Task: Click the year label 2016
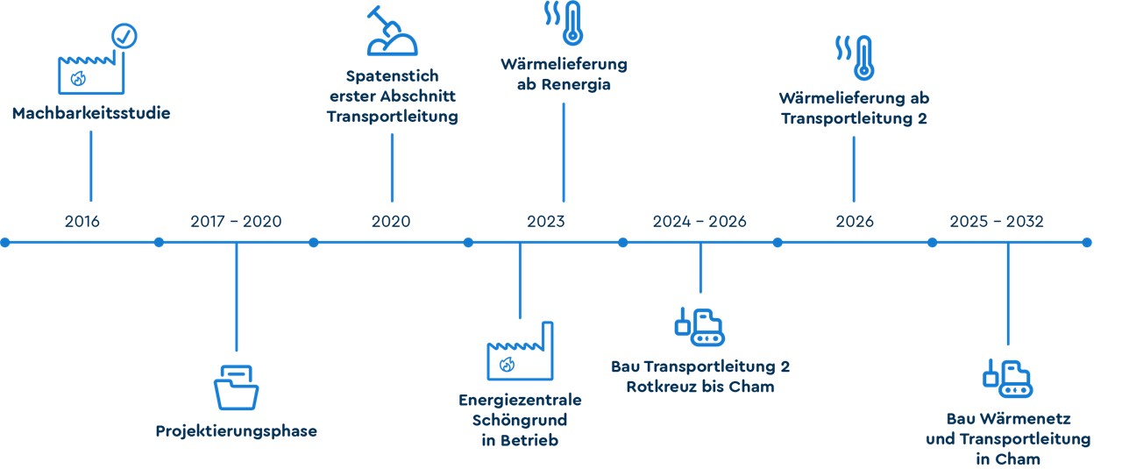tap(82, 221)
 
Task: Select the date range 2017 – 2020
tap(236, 221)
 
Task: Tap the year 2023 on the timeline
tap(545, 221)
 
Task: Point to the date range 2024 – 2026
tap(699, 221)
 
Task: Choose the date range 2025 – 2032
tap(997, 221)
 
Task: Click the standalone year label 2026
tap(854, 221)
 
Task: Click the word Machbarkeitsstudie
tap(91, 113)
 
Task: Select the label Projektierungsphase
tap(236, 430)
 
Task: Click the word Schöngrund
tap(520, 420)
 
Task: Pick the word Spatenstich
tap(392, 75)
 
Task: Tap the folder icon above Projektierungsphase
tap(236, 387)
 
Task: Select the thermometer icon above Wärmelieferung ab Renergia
tap(572, 23)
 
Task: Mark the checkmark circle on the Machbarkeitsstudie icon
tap(125, 35)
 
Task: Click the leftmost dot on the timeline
tap(4, 242)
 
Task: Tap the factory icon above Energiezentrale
tap(520, 352)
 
